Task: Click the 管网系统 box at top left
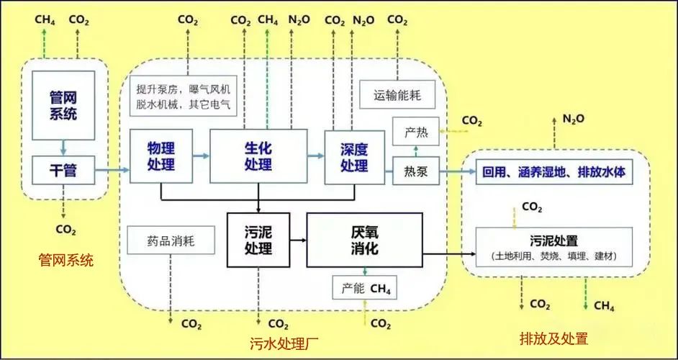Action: pyautogui.click(x=64, y=106)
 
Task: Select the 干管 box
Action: pyautogui.click(x=64, y=171)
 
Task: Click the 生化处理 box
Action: pyautogui.click(x=258, y=156)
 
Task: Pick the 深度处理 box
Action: pyautogui.click(x=354, y=156)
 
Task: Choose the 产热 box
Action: pyautogui.click(x=416, y=132)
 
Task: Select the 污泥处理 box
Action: pyautogui.click(x=258, y=240)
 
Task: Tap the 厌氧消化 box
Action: pyautogui.click(x=363, y=240)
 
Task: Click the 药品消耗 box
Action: pyautogui.click(x=170, y=240)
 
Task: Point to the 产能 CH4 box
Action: pyautogui.click(x=365, y=289)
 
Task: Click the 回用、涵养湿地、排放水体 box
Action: pyautogui.click(x=554, y=173)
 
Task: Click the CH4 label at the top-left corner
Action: pyautogui.click(x=45, y=19)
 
